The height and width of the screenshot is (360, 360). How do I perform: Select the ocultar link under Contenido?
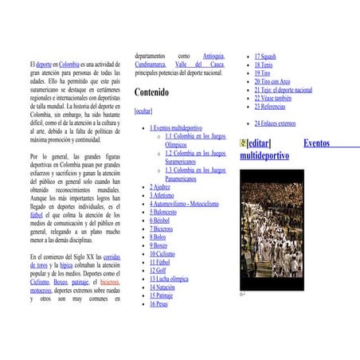144,111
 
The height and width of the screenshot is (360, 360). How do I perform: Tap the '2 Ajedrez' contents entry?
160,187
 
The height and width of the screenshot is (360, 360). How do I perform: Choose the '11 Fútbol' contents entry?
160,261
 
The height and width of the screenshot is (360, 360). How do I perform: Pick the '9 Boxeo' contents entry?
159,245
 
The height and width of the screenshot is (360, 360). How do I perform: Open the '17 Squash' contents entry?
265,57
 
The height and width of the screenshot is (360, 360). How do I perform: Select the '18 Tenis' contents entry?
264,65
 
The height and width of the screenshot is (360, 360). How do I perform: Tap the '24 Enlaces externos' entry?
275,123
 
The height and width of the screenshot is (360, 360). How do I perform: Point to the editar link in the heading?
259,143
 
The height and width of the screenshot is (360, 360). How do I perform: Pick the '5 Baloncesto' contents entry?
163,212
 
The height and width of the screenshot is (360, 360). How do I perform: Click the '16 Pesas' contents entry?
159,303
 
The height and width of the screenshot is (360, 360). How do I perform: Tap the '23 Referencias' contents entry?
270,106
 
